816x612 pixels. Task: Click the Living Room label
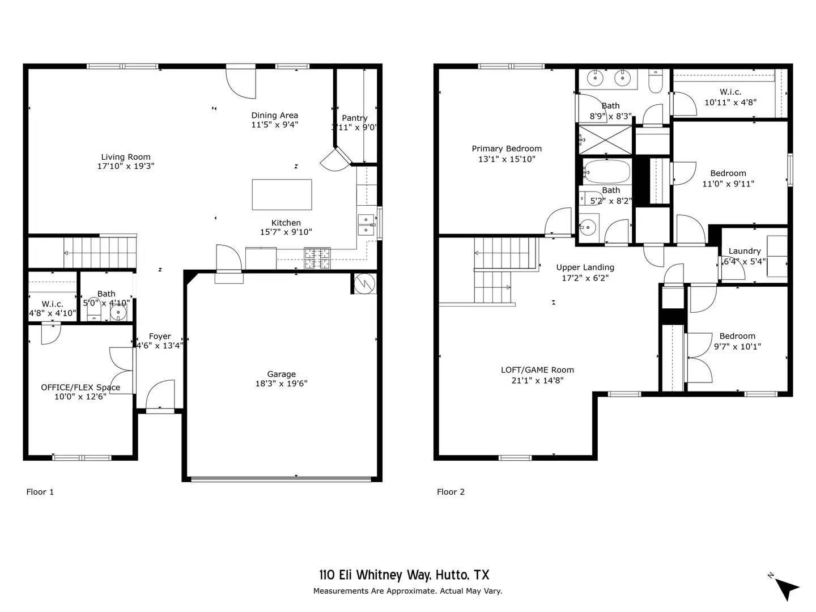(x=126, y=157)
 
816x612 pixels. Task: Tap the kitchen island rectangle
(x=282, y=194)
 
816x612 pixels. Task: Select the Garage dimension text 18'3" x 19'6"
(x=281, y=384)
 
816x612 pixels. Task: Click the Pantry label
(x=355, y=118)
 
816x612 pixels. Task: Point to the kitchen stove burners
(x=317, y=258)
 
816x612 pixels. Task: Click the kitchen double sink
(x=366, y=224)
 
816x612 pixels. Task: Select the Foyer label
(x=160, y=336)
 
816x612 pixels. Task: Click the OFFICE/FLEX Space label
(x=80, y=388)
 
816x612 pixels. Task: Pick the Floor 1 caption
(x=40, y=492)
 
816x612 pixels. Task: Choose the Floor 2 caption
(x=450, y=492)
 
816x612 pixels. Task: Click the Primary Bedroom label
(x=507, y=148)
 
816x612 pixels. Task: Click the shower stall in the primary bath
(x=605, y=139)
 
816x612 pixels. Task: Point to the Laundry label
(x=745, y=251)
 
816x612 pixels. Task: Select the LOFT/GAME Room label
(x=537, y=370)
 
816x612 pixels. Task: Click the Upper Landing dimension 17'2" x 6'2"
(x=585, y=278)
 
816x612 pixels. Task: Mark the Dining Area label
(x=275, y=115)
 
